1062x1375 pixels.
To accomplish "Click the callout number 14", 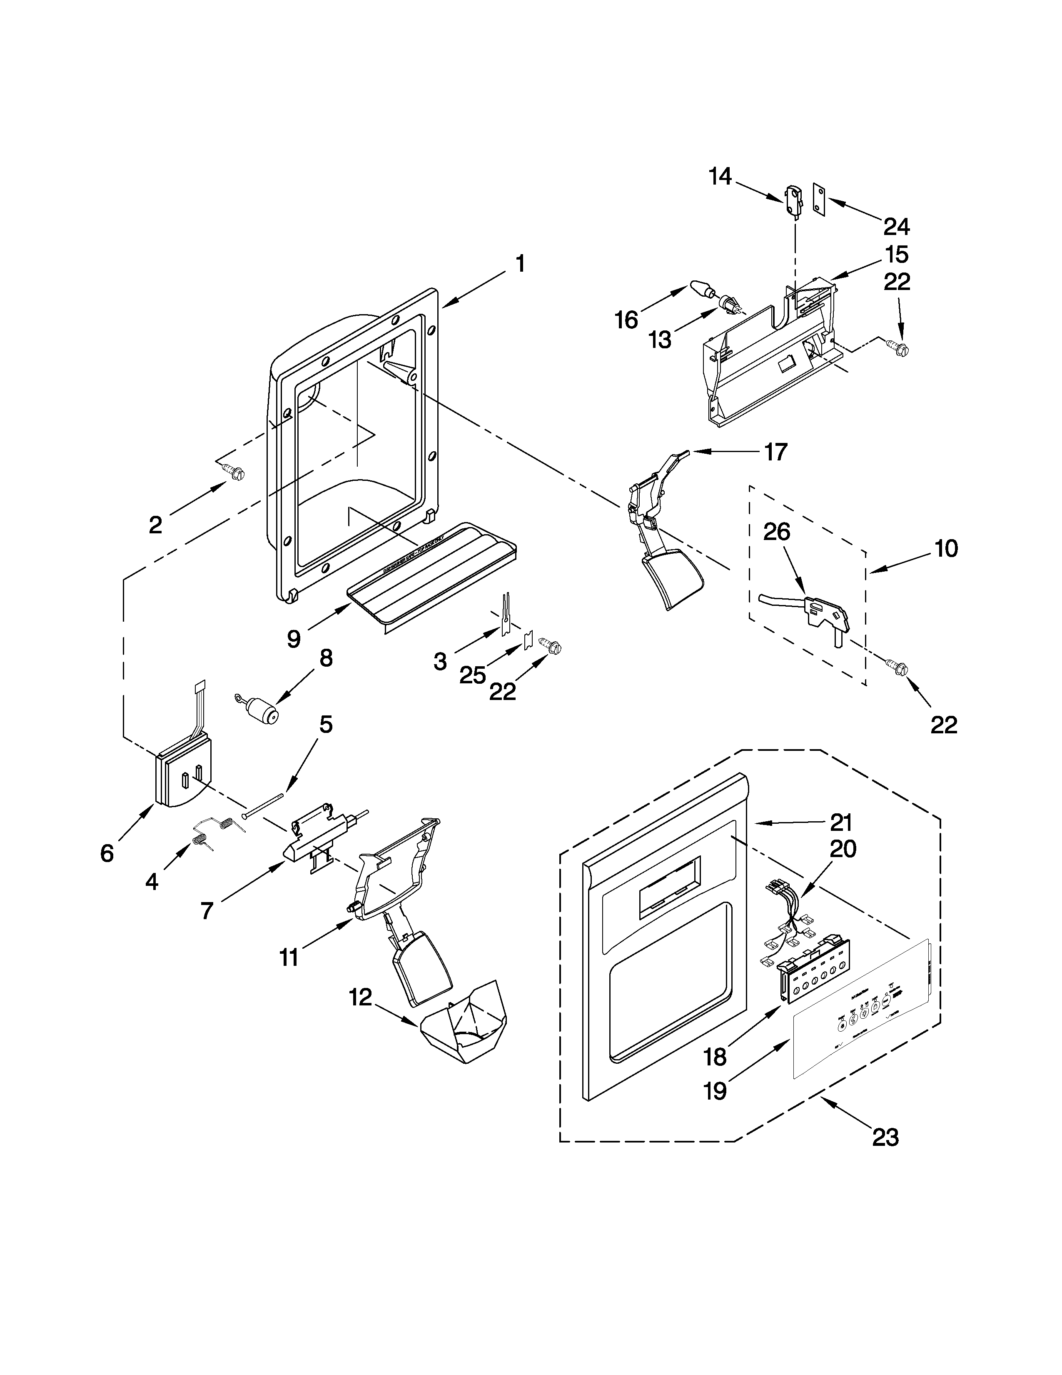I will click(720, 177).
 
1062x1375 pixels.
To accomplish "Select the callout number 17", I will click(776, 451).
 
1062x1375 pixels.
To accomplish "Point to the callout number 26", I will click(776, 532).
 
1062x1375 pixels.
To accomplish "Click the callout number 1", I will click(520, 263).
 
